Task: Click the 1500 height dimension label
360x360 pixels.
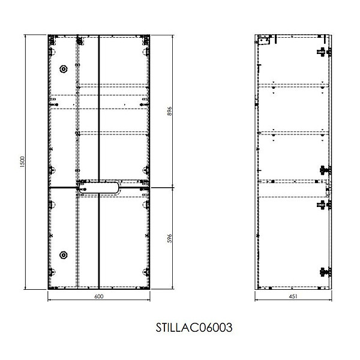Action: coord(22,161)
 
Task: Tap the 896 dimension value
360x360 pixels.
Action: coord(169,111)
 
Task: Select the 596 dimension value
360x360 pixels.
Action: coord(169,239)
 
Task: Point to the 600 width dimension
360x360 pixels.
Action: coord(99,296)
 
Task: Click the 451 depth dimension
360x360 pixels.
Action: coord(293,296)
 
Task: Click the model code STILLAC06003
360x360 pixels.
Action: coord(194,328)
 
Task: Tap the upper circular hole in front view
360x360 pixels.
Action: coord(64,69)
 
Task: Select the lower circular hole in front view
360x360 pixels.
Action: coord(64,255)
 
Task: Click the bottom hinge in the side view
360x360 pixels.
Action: coord(324,272)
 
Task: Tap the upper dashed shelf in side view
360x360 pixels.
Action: coord(293,86)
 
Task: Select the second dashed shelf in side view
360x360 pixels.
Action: coord(293,133)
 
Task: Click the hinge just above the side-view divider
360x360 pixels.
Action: coord(324,170)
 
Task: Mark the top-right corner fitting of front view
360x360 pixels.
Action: coord(145,40)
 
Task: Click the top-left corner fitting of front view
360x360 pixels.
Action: coord(52,40)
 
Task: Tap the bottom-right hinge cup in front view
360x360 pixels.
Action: coord(146,272)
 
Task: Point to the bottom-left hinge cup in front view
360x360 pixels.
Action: coord(52,272)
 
